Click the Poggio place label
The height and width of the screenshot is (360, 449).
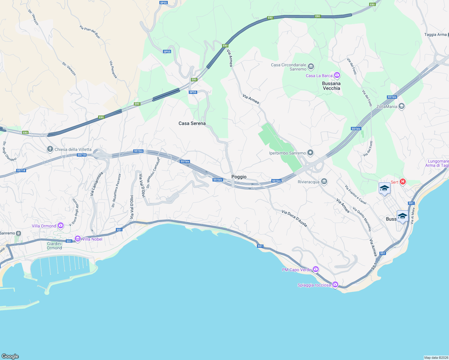[x=239, y=177]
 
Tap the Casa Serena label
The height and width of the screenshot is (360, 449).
[x=192, y=123]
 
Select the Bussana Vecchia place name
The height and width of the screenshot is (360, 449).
[x=331, y=86]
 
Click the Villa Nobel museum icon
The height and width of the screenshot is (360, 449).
[x=78, y=239]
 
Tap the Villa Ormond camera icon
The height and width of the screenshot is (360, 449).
[x=61, y=226]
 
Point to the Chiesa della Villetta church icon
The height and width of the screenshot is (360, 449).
[x=50, y=149]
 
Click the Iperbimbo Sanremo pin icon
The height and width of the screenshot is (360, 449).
[x=311, y=153]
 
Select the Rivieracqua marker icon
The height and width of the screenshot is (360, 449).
[x=324, y=181]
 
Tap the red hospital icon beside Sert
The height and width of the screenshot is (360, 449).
[x=403, y=182]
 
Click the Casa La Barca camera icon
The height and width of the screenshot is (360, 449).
[x=337, y=75]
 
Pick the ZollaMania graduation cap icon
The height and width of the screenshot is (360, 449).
[x=402, y=106]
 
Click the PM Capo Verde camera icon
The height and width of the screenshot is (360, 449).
[x=315, y=269]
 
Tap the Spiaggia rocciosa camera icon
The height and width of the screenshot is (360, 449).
[x=335, y=285]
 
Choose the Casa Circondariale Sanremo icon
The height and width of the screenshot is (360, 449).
[x=311, y=66]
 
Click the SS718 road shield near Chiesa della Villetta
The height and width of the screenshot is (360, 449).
[x=82, y=155]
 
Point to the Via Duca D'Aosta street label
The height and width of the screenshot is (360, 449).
[x=294, y=218]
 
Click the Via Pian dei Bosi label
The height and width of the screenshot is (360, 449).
[x=90, y=32]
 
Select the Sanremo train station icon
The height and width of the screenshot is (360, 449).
[x=19, y=233]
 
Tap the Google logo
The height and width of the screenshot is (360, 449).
[x=10, y=356]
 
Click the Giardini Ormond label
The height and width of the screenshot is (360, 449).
[x=54, y=246]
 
